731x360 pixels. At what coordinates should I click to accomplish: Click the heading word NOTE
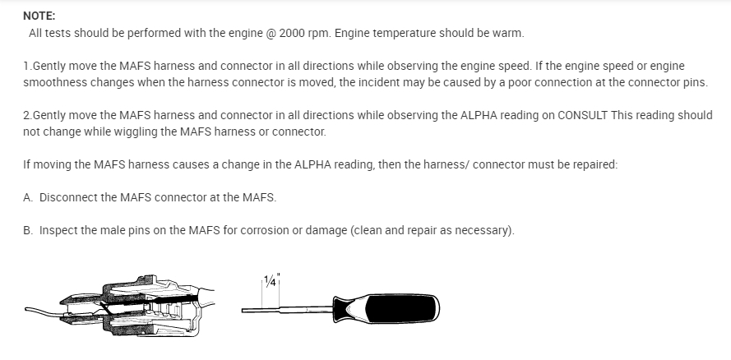pyautogui.click(x=40, y=15)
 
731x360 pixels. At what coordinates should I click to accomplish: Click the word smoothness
pyautogui.click(x=55, y=83)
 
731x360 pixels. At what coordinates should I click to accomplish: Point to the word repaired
pyautogui.click(x=590, y=164)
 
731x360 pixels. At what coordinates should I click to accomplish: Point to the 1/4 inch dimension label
pyautogui.click(x=271, y=278)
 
